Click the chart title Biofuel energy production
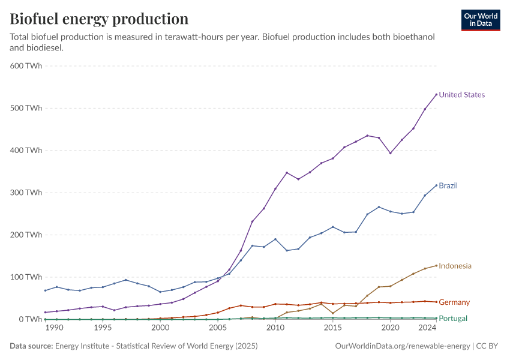tap(99, 19)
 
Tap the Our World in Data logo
tap(481, 20)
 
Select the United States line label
tap(461, 95)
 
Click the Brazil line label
tap(448, 186)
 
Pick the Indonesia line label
tap(455, 266)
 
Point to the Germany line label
tap(454, 302)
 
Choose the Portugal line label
tap(453, 319)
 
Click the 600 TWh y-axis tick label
tap(26, 66)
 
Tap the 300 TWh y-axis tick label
tap(26, 193)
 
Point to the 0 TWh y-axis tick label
tap(30, 319)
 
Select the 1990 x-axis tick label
tap(54, 328)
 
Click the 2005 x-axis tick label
tap(218, 328)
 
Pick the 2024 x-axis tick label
tap(427, 328)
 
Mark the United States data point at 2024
tap(436, 94)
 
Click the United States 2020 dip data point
tap(391, 153)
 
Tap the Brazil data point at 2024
tap(436, 185)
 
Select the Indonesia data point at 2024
tap(436, 265)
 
